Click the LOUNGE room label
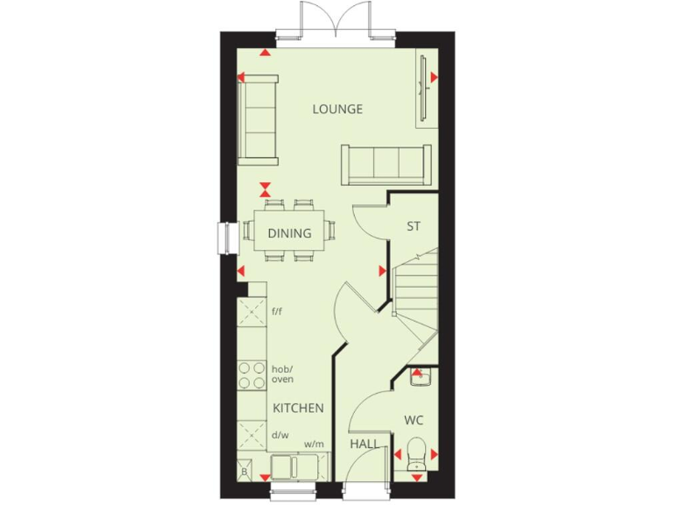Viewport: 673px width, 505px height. (337, 110)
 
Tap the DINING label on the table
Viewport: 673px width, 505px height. (289, 233)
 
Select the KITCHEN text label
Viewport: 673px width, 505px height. (298, 409)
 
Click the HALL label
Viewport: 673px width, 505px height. (365, 445)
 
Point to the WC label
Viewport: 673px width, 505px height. (414, 420)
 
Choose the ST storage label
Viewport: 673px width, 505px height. (414, 226)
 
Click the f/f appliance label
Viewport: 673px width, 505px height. (278, 311)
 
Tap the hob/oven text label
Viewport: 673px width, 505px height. (282, 373)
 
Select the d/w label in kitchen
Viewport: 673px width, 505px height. (280, 435)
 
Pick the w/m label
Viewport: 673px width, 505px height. (314, 445)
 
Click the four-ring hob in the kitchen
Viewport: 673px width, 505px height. (251, 374)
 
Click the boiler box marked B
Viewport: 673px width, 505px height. (244, 473)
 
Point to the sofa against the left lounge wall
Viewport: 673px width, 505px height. (258, 118)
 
